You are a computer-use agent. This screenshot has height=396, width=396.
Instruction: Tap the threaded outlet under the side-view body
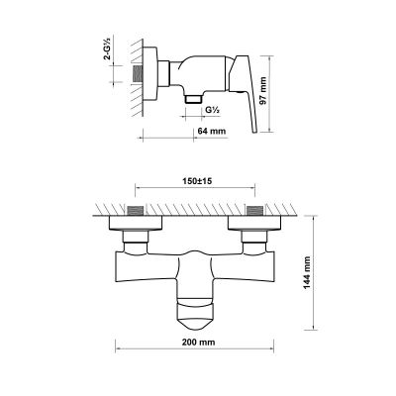[191, 99]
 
